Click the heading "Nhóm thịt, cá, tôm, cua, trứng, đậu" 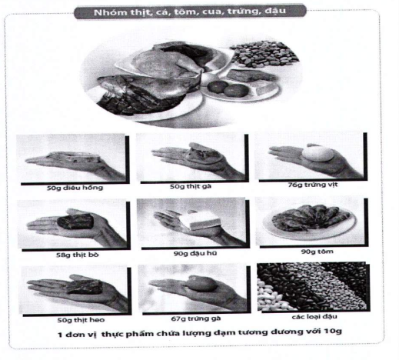click(x=190, y=12)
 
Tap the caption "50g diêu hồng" click(x=75, y=188)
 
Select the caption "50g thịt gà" click(x=191, y=186)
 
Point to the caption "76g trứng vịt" click(x=313, y=185)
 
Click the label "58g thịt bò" click(x=78, y=255)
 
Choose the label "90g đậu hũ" click(x=195, y=253)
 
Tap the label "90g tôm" click(x=318, y=252)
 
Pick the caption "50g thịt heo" click(x=81, y=320)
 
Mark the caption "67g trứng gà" click(x=196, y=318)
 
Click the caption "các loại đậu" click(x=314, y=317)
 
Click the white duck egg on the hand click(x=318, y=154)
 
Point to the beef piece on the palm click(x=75, y=221)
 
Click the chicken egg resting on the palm click(x=202, y=284)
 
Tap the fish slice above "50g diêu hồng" click(x=73, y=158)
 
